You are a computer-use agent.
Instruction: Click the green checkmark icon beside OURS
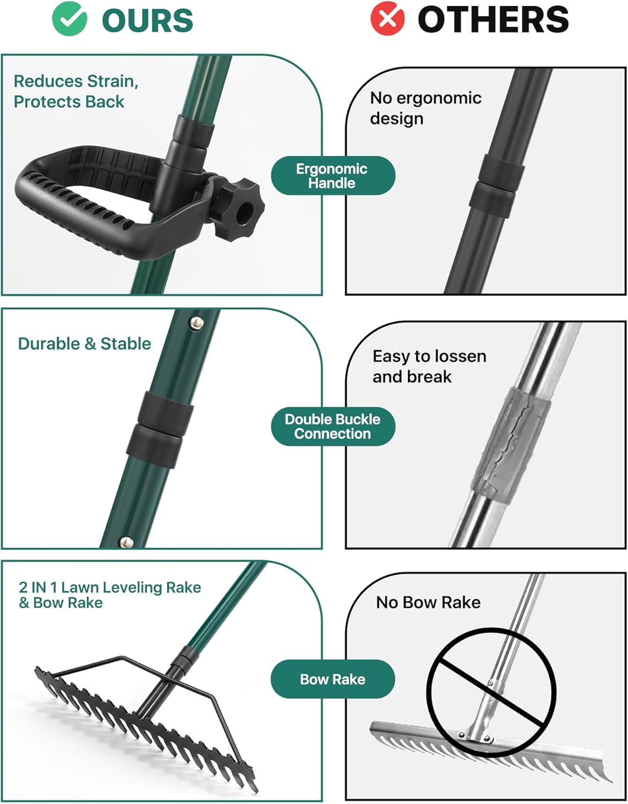(x=69, y=19)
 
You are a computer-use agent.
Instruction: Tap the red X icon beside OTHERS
(x=387, y=19)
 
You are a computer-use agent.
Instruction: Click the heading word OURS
(x=147, y=20)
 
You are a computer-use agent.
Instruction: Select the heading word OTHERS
(x=493, y=20)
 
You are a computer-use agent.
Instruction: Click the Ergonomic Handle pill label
(x=332, y=176)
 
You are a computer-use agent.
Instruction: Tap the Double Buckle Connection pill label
(x=332, y=427)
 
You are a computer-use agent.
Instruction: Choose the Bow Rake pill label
(x=332, y=679)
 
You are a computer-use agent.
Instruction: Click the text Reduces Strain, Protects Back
(x=76, y=91)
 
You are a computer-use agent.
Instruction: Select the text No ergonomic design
(x=425, y=108)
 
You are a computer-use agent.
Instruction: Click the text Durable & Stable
(x=85, y=344)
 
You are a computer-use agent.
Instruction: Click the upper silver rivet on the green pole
(x=197, y=323)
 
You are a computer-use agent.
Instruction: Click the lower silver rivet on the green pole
(x=126, y=542)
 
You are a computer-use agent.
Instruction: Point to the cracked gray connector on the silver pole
(x=510, y=444)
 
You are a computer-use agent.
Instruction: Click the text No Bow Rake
(x=428, y=602)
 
